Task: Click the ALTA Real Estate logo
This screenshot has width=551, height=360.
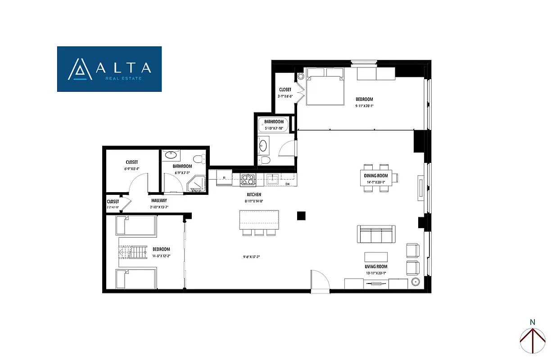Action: (x=109, y=69)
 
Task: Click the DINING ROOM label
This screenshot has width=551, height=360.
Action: (x=379, y=176)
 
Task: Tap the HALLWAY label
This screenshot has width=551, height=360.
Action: (x=159, y=201)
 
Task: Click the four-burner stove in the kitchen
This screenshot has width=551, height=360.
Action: (x=248, y=180)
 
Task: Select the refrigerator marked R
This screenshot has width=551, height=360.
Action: (x=224, y=178)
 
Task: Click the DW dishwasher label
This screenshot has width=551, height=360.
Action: (x=287, y=184)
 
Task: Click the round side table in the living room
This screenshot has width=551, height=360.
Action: (x=415, y=282)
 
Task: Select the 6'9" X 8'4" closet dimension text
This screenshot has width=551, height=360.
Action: (x=131, y=169)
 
